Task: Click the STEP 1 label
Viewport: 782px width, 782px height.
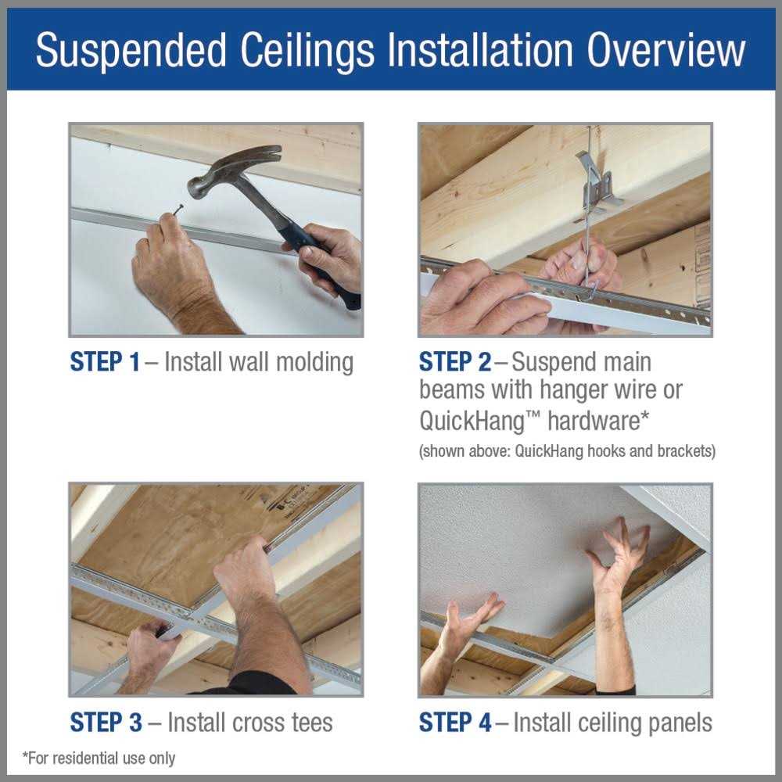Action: [105, 363]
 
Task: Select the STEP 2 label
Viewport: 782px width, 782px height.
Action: [455, 363]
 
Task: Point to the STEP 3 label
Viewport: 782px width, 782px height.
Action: [106, 722]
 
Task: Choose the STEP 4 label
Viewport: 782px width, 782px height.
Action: [455, 722]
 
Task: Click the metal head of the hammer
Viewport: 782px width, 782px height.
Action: [227, 168]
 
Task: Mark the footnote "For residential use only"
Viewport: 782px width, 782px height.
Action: [99, 758]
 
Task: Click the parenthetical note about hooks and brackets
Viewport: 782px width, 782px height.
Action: [567, 451]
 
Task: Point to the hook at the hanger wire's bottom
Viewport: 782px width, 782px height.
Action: [590, 289]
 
